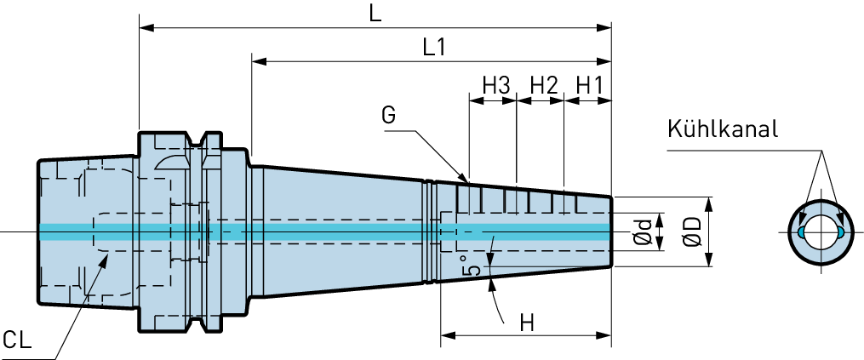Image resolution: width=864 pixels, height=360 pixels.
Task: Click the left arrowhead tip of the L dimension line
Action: point(140,27)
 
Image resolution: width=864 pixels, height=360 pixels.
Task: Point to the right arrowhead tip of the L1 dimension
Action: point(611,60)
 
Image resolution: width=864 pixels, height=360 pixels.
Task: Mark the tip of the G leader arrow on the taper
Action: point(468,181)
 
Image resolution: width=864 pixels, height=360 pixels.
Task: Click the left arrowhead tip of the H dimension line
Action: point(442,335)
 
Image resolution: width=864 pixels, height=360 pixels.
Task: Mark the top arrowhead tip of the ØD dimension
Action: point(708,197)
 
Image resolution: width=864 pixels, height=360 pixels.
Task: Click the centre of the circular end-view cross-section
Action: point(821,232)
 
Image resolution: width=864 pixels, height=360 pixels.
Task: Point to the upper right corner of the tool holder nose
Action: point(611,197)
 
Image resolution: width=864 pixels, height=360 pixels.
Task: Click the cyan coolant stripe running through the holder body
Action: point(325,232)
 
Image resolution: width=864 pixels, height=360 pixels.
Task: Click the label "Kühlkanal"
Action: point(723,129)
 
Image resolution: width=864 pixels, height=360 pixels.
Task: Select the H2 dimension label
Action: point(545,85)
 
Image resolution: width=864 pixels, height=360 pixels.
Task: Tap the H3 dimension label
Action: point(496,85)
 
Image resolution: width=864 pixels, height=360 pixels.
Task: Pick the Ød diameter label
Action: point(643,231)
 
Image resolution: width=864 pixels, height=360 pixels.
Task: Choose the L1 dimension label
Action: point(433,48)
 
